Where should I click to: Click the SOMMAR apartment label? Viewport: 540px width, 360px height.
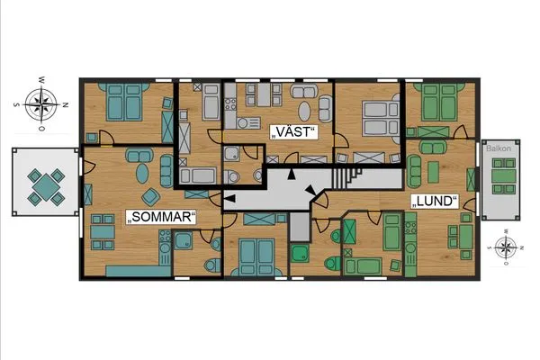pos(160,217)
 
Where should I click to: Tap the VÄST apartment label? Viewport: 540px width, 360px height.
pos(293,132)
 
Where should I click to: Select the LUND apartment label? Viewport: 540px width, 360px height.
pos(435,202)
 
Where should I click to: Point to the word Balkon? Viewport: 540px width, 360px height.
pos(499,148)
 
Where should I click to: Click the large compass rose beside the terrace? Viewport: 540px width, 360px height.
pos(41,104)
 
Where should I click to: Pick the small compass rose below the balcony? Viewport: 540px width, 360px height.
pos(505,247)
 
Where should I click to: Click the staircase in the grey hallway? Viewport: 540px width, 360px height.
pos(346,178)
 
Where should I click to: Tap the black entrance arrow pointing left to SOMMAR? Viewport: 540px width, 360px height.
pos(230,198)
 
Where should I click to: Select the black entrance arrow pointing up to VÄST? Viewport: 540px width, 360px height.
pos(292,174)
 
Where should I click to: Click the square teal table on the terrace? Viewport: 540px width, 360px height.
pos(46,187)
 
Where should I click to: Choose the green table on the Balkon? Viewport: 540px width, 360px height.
pos(504,176)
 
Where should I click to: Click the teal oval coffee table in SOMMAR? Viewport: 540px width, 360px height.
pos(142,173)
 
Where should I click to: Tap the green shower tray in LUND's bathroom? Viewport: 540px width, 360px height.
pos(300,253)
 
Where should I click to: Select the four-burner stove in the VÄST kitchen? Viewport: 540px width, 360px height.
pos(230,104)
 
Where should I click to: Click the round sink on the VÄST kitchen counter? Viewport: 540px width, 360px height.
pos(242,123)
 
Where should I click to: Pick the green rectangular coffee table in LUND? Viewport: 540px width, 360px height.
pos(433,172)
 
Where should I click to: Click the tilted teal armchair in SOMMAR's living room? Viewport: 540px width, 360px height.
pos(151,197)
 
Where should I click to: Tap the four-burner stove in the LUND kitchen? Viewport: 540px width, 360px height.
pos(410,228)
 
